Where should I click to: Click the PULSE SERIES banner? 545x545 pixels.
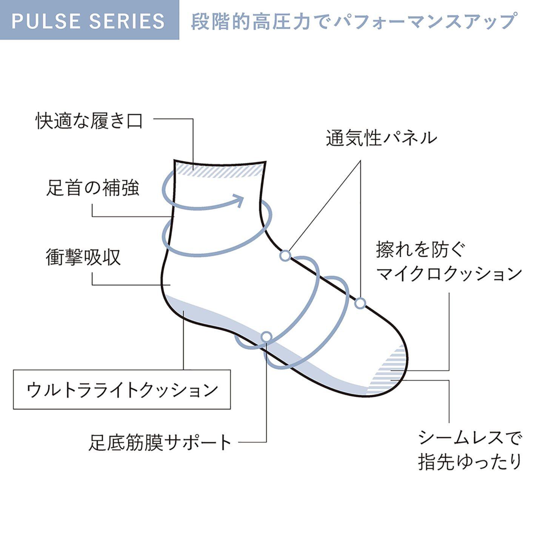tap(89, 20)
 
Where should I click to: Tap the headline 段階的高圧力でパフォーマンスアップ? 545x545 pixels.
tap(353, 21)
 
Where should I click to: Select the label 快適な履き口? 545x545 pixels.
tap(89, 121)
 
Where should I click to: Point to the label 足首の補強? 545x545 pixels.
tap(92, 188)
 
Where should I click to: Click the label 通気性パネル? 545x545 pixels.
tap(382, 138)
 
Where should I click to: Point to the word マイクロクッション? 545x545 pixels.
tap(449, 274)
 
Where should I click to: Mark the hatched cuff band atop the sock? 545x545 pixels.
tap(219, 171)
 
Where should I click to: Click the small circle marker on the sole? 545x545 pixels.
tap(266, 337)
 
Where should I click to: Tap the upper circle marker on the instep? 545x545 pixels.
tap(286, 256)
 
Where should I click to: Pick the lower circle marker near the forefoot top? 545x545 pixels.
tap(360, 303)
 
